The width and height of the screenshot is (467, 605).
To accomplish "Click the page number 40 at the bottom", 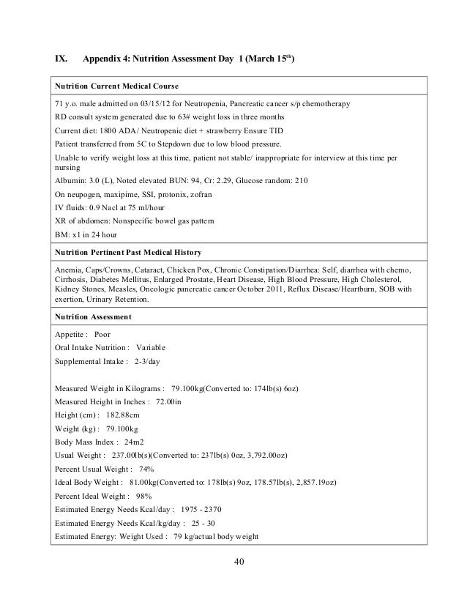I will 233,563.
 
